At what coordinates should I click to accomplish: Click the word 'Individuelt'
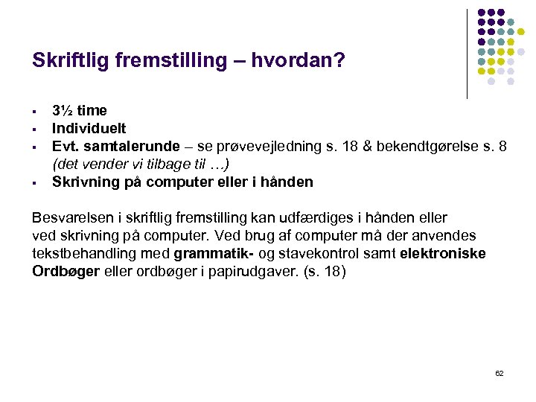[x=89, y=129]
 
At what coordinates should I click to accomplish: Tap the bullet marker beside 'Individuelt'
[x=35, y=129]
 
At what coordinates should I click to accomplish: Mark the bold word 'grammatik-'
[x=211, y=254]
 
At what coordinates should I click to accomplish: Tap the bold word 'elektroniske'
[x=443, y=254]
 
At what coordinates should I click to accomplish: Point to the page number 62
[x=499, y=373]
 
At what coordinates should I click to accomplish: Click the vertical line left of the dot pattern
[x=467, y=54]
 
